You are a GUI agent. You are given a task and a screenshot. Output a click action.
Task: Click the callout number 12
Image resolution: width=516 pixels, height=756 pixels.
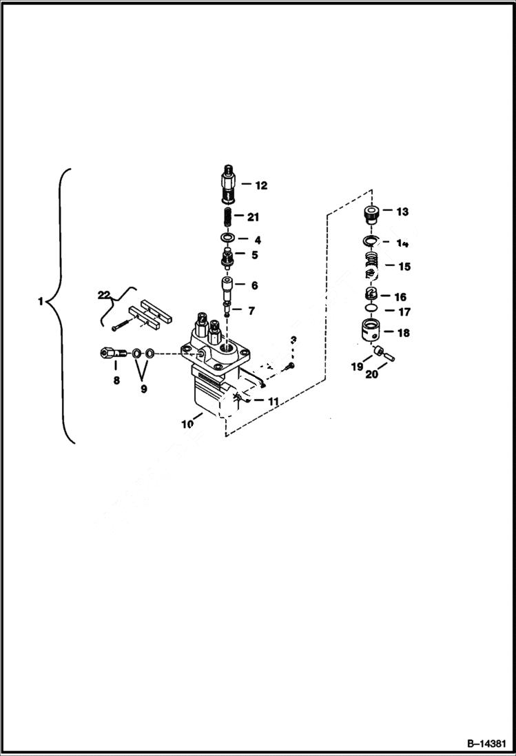[260, 185]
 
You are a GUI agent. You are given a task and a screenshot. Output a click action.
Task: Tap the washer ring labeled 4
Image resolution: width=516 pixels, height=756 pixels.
[227, 239]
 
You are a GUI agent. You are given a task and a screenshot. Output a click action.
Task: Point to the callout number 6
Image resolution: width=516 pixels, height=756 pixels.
[254, 285]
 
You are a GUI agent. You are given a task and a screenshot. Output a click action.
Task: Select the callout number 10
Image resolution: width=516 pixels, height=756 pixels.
[187, 424]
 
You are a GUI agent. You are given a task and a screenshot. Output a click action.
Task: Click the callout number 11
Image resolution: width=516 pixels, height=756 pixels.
[273, 400]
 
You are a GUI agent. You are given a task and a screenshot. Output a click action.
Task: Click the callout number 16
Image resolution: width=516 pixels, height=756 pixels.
[400, 297]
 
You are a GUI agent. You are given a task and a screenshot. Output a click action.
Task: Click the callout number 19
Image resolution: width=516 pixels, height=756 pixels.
[357, 367]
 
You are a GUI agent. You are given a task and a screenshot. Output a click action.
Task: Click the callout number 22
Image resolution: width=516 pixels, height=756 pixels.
[104, 295]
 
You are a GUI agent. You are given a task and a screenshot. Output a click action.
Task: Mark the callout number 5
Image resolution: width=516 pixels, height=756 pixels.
[254, 254]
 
